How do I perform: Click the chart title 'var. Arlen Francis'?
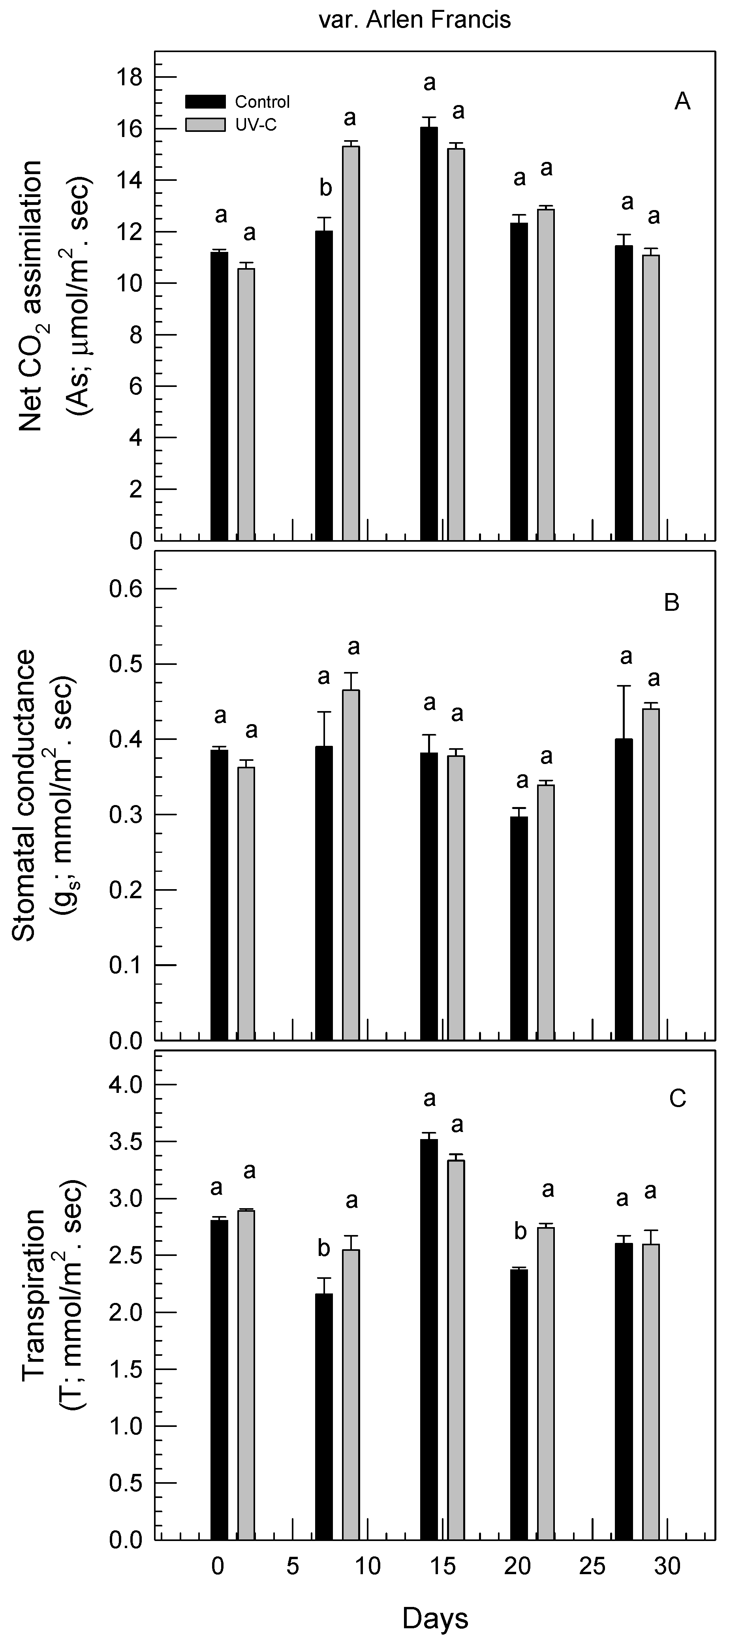pyautogui.click(x=415, y=20)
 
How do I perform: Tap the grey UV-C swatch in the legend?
pyautogui.click(x=205, y=124)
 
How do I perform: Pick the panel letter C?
pyautogui.click(x=677, y=1098)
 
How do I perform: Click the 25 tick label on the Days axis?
pyautogui.click(x=592, y=1567)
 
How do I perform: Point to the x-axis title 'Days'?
pyautogui.click(x=435, y=1619)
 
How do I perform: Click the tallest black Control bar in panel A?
pyautogui.click(x=429, y=333)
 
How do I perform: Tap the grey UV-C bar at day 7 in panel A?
pyautogui.click(x=351, y=342)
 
